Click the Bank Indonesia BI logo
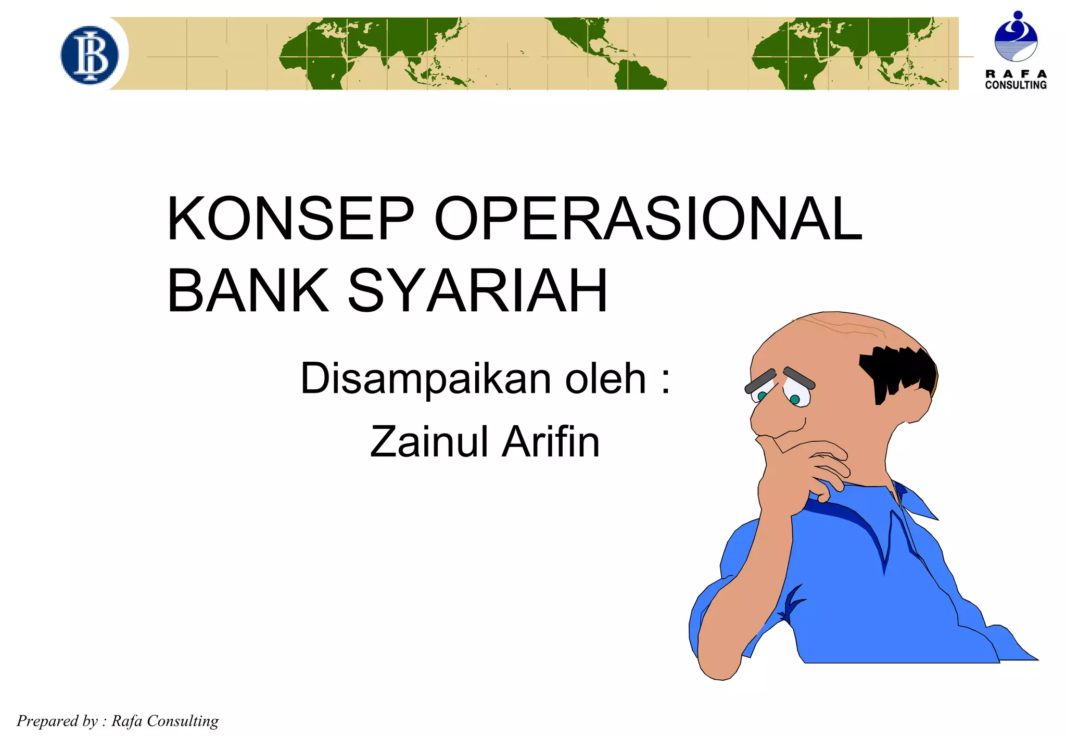(x=90, y=55)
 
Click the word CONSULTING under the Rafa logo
(x=1016, y=85)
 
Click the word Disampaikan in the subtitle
(x=425, y=378)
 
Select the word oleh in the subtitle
(x=605, y=378)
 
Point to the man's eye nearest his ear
(x=795, y=399)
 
